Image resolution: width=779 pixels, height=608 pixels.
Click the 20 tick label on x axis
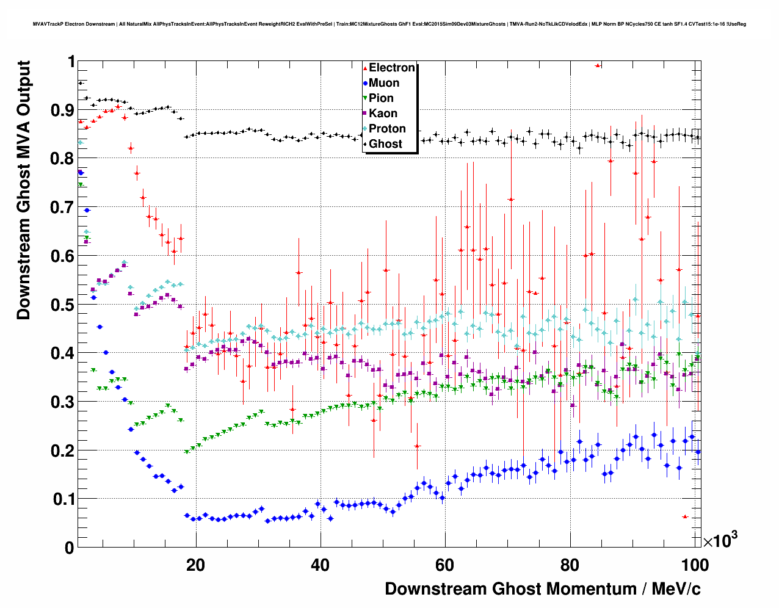(195, 565)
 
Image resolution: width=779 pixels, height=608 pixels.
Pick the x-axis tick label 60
(445, 565)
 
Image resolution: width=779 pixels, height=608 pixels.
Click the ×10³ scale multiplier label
(720, 540)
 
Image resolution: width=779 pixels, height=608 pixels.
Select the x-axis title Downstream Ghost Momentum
(543, 589)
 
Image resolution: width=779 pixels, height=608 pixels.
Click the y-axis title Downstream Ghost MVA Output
(24, 190)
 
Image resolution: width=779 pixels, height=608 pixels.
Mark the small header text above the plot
(389, 24)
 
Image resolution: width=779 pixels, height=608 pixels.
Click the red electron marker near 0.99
(598, 65)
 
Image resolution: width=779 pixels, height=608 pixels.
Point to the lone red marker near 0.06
(685, 517)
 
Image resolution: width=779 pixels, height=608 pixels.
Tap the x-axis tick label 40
(320, 565)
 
